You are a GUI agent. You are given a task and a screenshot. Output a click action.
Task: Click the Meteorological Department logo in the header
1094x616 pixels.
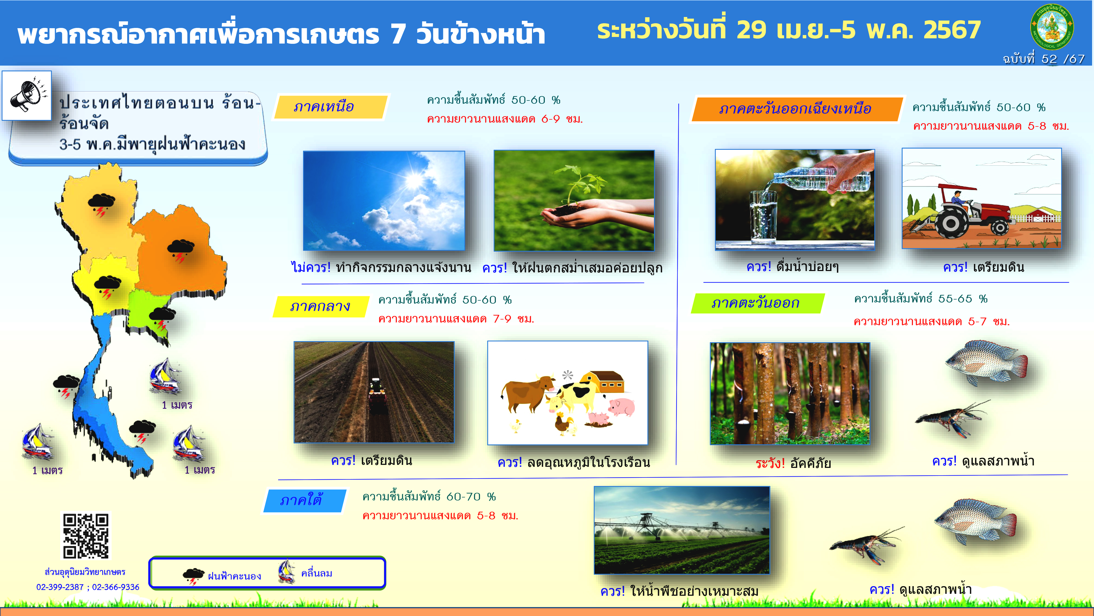pyautogui.click(x=1052, y=27)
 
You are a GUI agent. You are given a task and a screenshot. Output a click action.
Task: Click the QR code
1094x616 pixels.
pyautogui.click(x=86, y=536)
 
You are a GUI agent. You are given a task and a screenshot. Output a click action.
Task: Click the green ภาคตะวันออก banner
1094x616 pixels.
pyautogui.click(x=758, y=303)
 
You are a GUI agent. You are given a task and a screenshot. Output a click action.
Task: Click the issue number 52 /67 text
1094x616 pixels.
pyautogui.click(x=1044, y=59)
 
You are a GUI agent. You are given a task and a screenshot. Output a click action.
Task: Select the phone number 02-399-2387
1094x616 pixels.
pyautogui.click(x=60, y=587)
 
